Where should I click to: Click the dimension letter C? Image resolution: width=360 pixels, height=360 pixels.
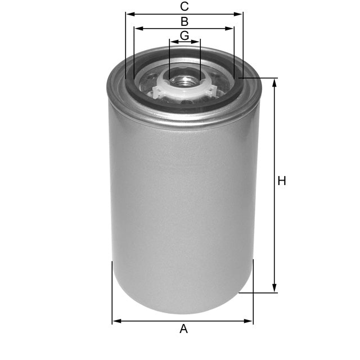click(x=184, y=7)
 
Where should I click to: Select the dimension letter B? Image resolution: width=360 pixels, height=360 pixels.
click(x=184, y=22)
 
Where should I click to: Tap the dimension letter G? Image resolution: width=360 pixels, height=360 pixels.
click(x=184, y=35)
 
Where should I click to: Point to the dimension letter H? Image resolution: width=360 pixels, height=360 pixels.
click(x=282, y=181)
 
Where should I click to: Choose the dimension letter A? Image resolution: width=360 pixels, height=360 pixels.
click(x=183, y=329)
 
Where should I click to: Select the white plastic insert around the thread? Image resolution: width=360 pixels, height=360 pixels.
click(x=163, y=84)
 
